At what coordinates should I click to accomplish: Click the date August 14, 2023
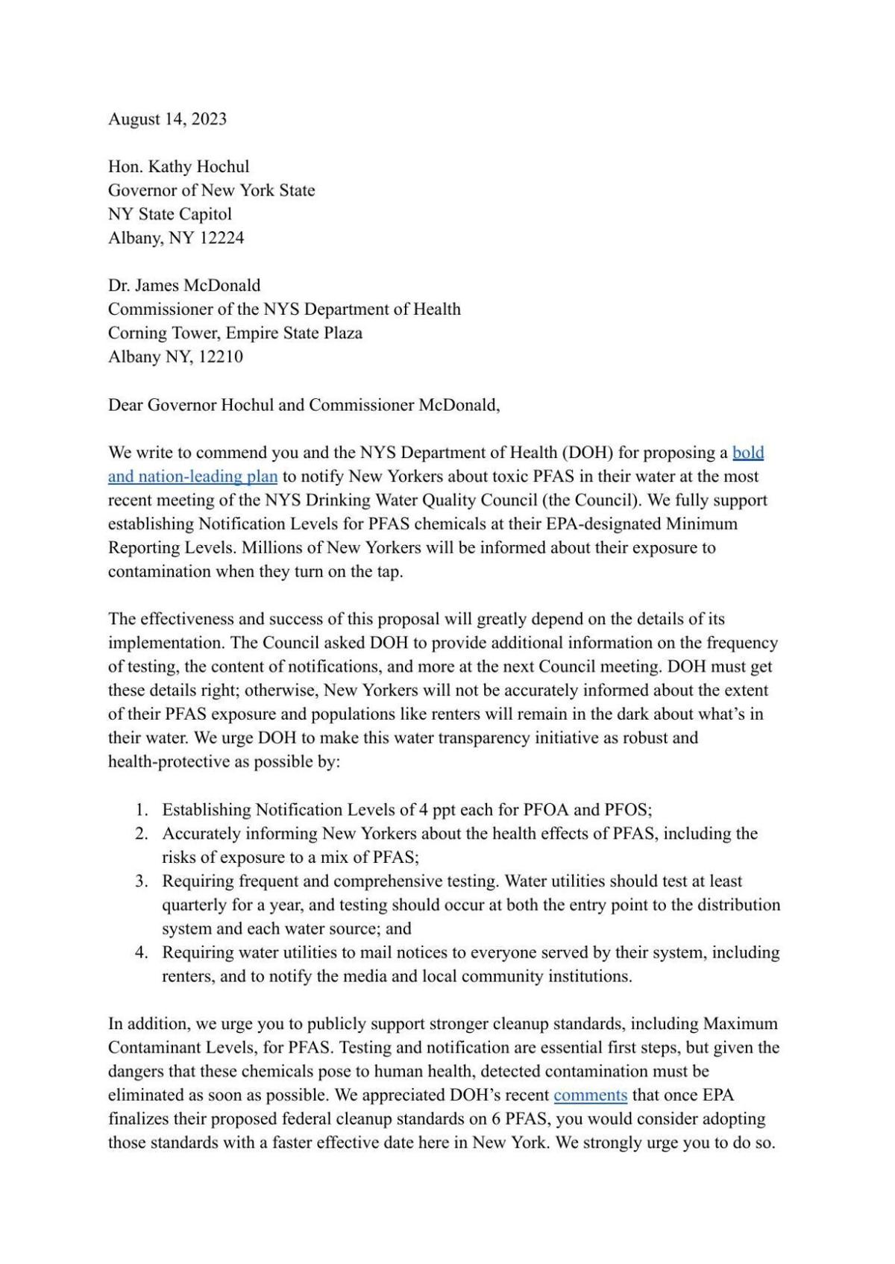[167, 119]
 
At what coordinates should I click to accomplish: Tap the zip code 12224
[223, 238]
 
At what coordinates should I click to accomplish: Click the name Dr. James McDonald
[184, 286]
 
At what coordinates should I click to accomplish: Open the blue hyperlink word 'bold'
[748, 453]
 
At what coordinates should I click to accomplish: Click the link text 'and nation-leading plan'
[192, 477]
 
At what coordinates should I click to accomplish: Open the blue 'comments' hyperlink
[590, 1095]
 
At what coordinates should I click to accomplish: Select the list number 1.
[141, 810]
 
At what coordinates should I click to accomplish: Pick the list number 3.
[141, 881]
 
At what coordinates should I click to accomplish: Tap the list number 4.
[141, 953]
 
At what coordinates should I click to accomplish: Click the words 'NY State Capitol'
[170, 214]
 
